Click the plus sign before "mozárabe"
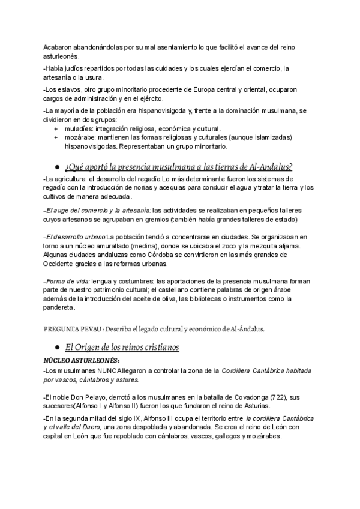pyautogui.click(x=56, y=137)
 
